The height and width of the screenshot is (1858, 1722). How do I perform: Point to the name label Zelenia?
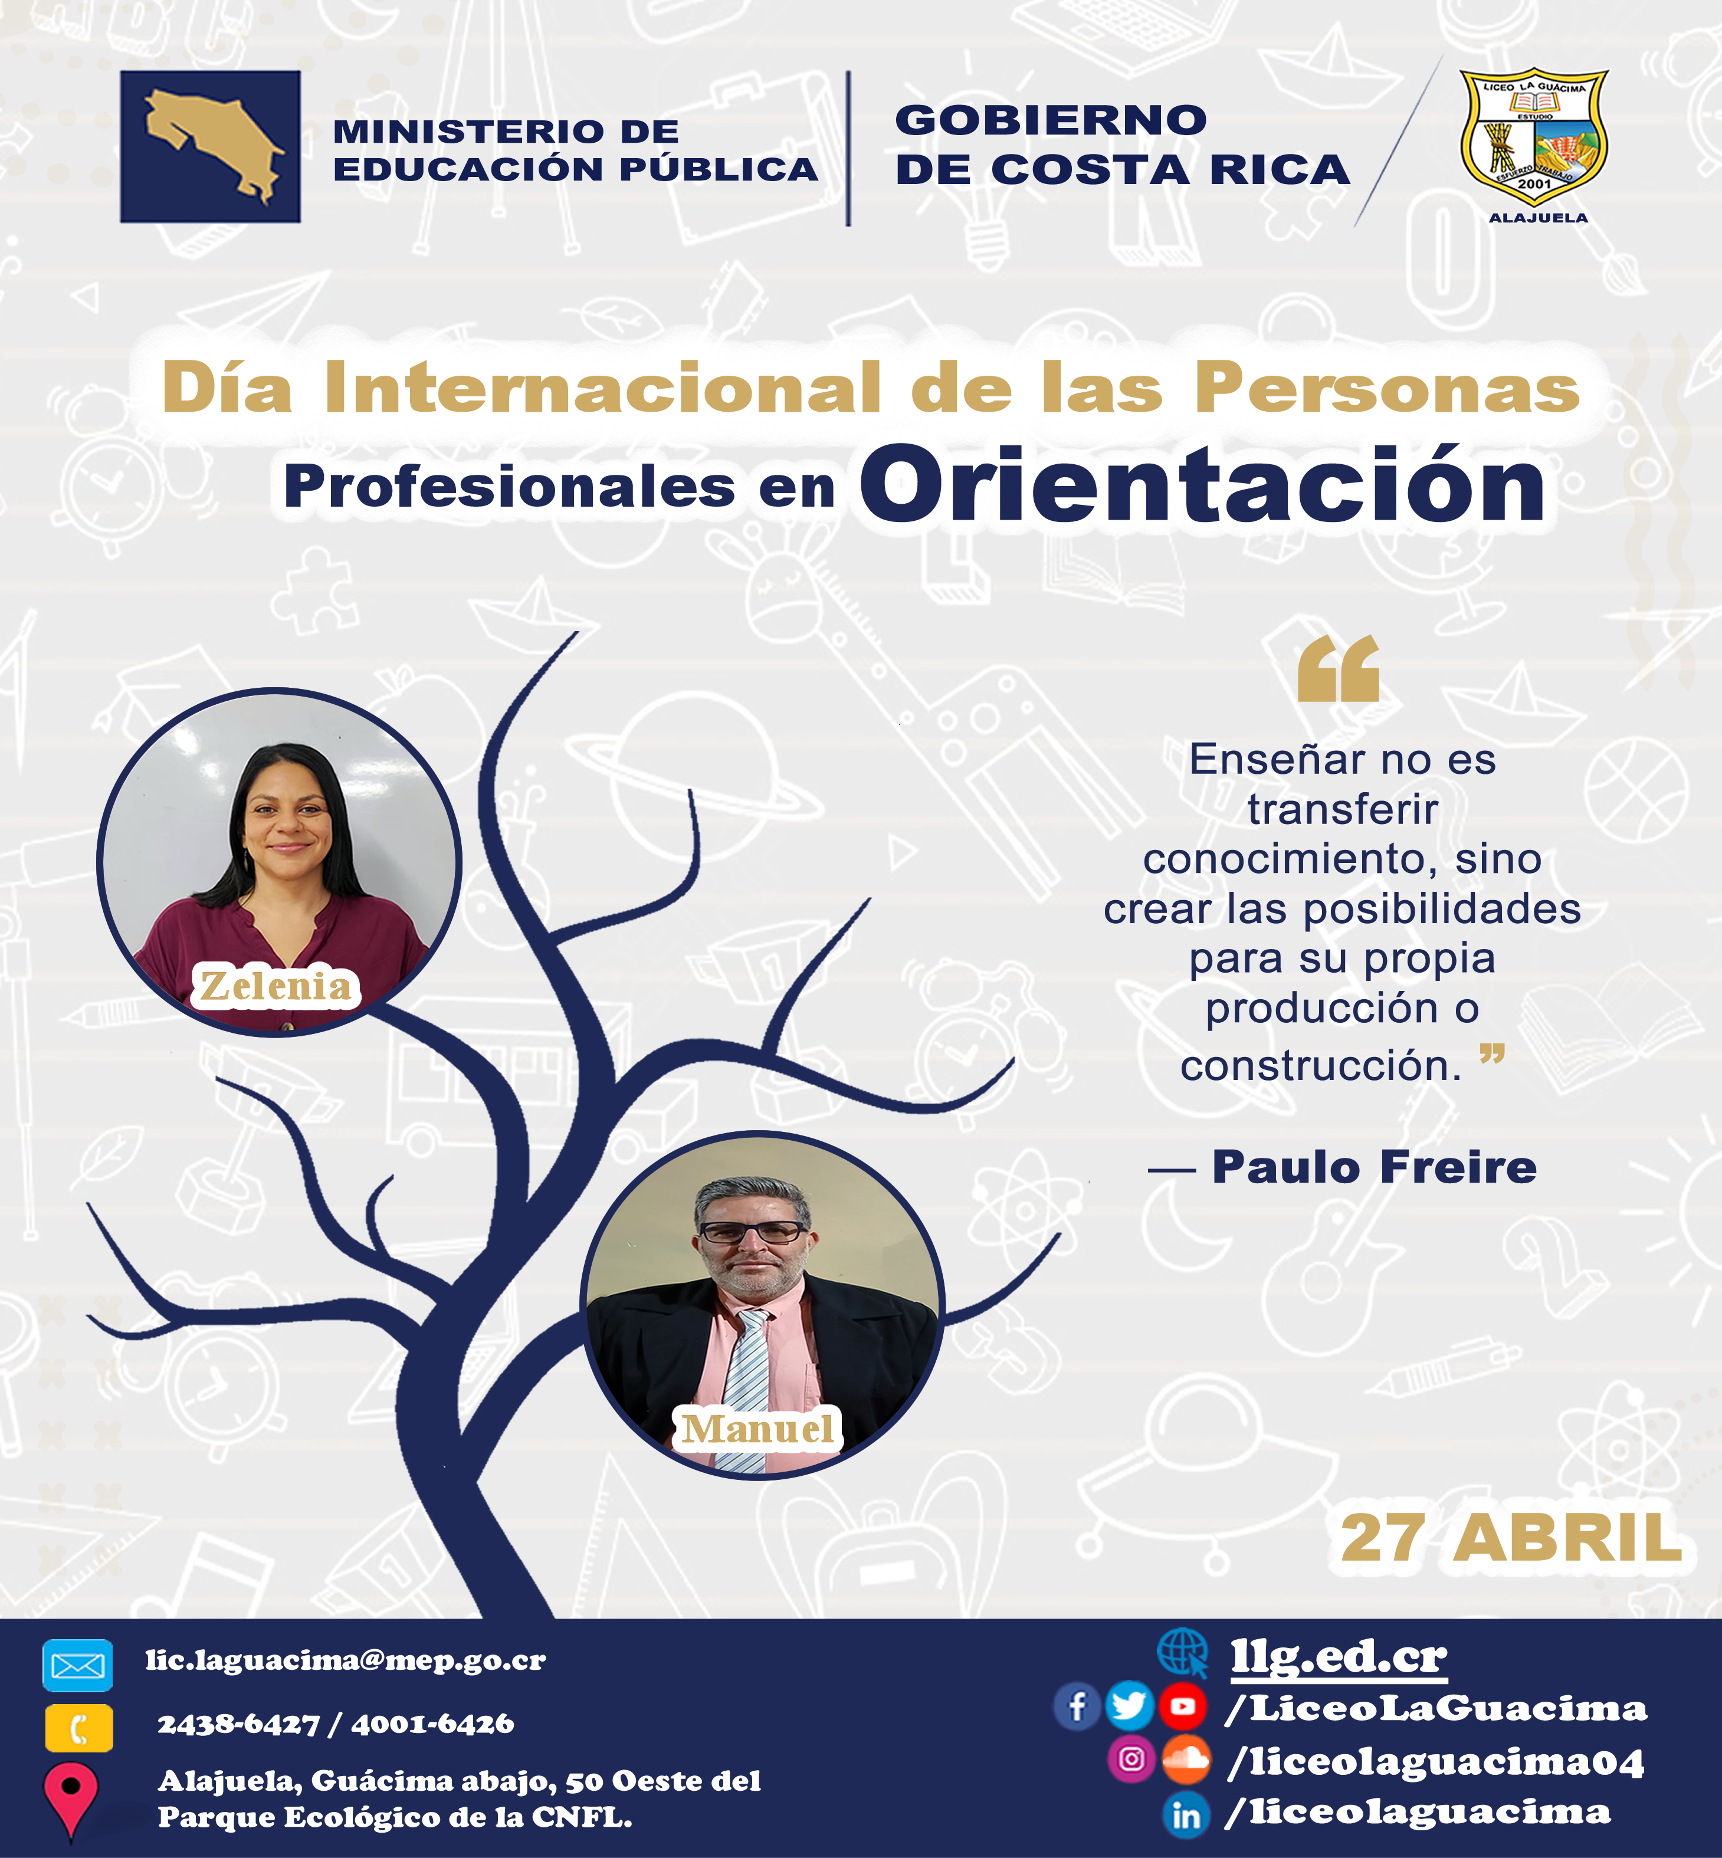pyautogui.click(x=277, y=986)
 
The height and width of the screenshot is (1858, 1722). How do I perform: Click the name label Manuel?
pyautogui.click(x=757, y=1429)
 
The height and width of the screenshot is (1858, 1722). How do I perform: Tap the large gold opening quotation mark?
pyautogui.click(x=1338, y=668)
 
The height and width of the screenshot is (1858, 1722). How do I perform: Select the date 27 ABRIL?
pyautogui.click(x=1511, y=1538)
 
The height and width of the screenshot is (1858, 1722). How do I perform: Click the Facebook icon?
pyautogui.click(x=1077, y=1707)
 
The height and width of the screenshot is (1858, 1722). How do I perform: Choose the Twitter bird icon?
pyautogui.click(x=1129, y=1707)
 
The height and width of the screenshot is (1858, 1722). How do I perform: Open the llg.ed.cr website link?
pyautogui.click(x=1339, y=1657)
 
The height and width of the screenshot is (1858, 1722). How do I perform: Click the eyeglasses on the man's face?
pyautogui.click(x=753, y=1232)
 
